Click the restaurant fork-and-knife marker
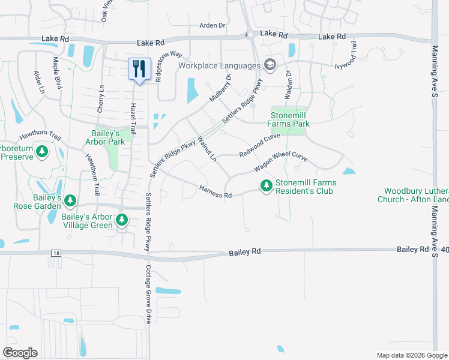click(139, 69)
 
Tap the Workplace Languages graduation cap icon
click(270, 65)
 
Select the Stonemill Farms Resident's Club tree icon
click(266, 187)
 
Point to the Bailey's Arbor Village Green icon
click(122, 220)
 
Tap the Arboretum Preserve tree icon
click(42, 152)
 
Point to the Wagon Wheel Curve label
click(280, 161)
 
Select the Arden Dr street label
click(212, 26)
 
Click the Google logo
click(20, 353)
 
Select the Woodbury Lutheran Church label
click(413, 195)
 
